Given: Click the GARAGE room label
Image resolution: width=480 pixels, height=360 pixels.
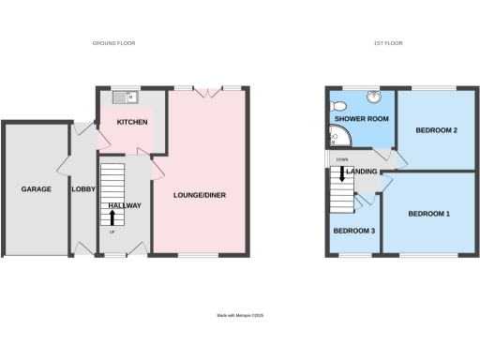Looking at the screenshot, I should (36, 188).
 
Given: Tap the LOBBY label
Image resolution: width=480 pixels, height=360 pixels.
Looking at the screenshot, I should (83, 188).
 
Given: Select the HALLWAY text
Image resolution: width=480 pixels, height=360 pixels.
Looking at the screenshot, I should (125, 204).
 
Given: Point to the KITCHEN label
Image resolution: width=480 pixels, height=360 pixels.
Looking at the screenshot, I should (132, 123).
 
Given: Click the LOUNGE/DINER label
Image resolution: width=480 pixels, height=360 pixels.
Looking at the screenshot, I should (200, 195).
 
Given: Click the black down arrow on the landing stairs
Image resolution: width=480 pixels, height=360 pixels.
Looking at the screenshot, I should (342, 174).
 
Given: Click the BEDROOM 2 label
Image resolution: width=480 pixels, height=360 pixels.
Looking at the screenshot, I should (437, 130).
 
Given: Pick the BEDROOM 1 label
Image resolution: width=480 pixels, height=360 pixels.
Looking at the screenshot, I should (429, 214).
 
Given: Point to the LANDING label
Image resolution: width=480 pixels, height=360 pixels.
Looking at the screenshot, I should (362, 172).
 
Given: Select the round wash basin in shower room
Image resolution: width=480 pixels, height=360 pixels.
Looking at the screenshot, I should (374, 96).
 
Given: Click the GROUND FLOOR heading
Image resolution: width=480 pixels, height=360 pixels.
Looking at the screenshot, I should (114, 43).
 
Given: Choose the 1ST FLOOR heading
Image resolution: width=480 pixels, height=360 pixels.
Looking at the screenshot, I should (388, 43).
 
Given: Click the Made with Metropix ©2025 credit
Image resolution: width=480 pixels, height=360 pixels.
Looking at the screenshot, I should (241, 316).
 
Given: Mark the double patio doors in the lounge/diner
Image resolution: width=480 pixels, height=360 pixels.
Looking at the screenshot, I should (207, 91).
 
